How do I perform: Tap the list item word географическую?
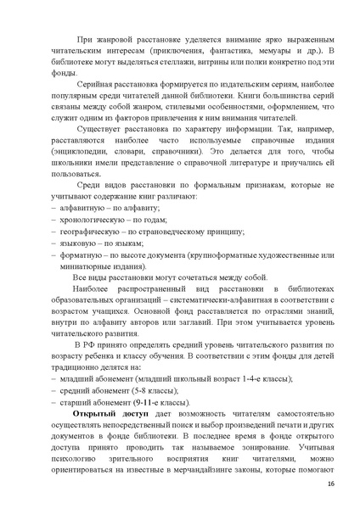[90, 255]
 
